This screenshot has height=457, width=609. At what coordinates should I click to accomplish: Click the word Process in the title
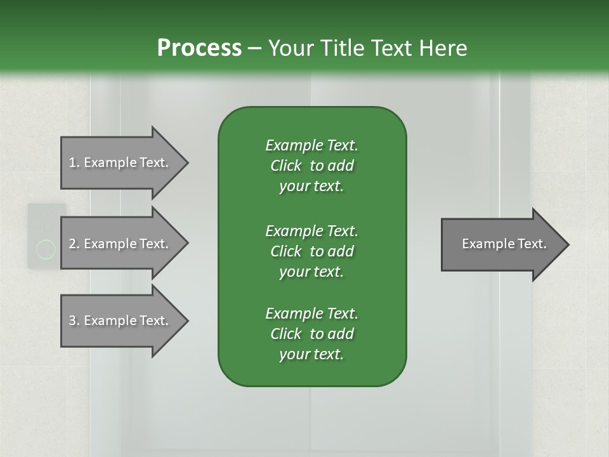tap(199, 48)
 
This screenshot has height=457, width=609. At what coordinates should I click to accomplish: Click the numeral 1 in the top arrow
tap(72, 162)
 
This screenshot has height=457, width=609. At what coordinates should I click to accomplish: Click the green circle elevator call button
tap(46, 250)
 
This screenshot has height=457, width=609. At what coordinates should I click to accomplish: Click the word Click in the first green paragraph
tap(286, 166)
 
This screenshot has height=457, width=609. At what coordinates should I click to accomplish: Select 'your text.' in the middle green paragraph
tap(311, 272)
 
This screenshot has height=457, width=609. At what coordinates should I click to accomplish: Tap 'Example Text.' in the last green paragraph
tap(311, 314)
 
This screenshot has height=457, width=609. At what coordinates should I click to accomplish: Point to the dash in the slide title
tap(255, 48)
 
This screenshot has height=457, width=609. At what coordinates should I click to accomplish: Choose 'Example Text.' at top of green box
tap(311, 145)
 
